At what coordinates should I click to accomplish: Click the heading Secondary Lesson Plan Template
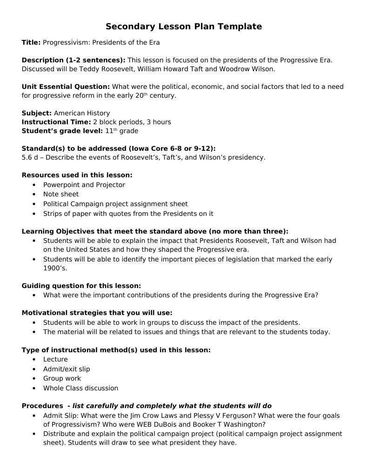point(184,27)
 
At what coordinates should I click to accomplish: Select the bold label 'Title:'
point(31,43)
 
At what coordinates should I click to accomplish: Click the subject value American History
point(82,113)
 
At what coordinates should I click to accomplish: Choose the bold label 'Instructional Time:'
point(56,122)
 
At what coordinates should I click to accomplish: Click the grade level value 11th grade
point(121,131)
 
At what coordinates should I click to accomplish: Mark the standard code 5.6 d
point(30,157)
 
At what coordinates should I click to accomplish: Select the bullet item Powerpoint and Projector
point(84,185)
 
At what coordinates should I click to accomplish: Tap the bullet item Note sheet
point(61,194)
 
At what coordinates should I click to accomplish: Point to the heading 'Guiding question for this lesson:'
point(81,286)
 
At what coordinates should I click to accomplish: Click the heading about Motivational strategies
point(97,313)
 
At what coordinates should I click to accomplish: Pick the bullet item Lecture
point(55,359)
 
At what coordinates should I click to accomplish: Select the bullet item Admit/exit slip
point(67,369)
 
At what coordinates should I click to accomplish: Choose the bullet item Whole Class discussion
point(80,388)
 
